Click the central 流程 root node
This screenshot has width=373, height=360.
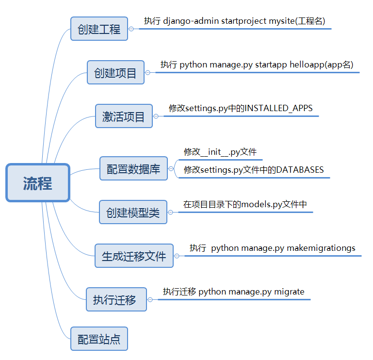[x=38, y=183]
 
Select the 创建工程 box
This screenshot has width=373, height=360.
[x=99, y=29]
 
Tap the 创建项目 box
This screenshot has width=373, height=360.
[x=115, y=73]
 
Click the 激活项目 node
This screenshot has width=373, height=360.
[x=124, y=116]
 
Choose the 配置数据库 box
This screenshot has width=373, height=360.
[x=133, y=169]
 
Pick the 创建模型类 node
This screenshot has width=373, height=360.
[x=133, y=212]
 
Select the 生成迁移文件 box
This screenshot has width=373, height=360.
[x=133, y=256]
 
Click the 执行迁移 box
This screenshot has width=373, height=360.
[x=116, y=299]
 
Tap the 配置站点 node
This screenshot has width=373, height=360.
[x=99, y=339]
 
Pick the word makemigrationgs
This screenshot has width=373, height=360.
[x=321, y=248]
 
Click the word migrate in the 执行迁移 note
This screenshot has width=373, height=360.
[x=289, y=292]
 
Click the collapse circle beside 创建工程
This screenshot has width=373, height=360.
[x=131, y=29]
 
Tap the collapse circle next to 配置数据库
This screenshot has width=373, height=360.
[x=171, y=169]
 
